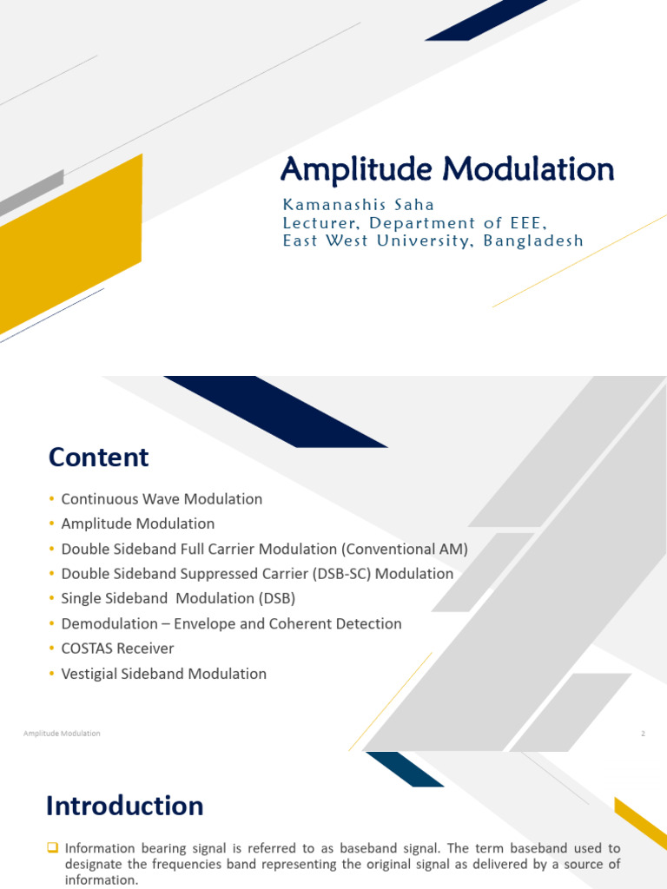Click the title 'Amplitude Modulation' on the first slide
(447, 168)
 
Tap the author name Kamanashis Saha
(358, 205)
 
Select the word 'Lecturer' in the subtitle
(319, 223)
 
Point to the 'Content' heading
(98, 457)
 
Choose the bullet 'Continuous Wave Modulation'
(162, 499)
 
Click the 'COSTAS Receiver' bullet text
(117, 649)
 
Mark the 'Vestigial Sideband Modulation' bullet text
(163, 674)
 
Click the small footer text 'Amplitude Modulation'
(62, 734)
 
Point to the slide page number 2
(643, 734)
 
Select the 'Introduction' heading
(124, 806)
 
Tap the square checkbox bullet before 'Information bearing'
(53, 847)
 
